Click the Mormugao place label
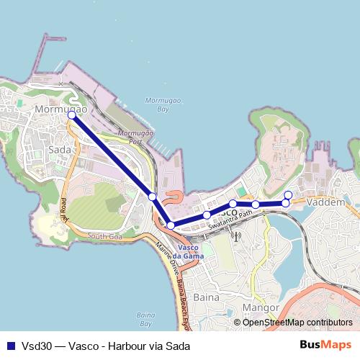[x=61, y=109]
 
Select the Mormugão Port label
[x=133, y=138]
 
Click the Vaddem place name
[x=328, y=204]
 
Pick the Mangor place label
[x=261, y=309]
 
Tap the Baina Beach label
[x=146, y=318]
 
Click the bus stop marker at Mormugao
[x=71, y=115]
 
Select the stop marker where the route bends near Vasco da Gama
[x=171, y=225]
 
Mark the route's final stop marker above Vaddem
[x=288, y=194]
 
